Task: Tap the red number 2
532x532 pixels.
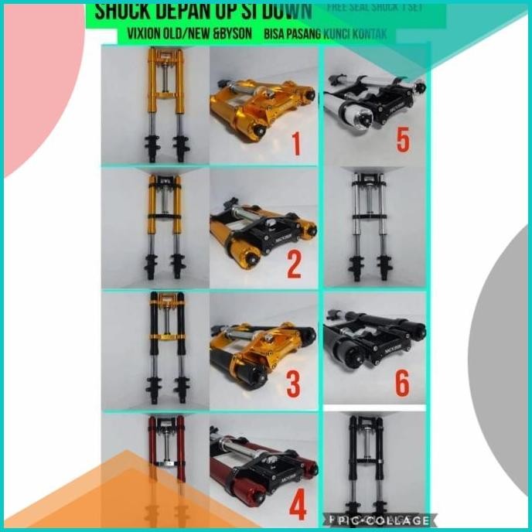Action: click(x=294, y=264)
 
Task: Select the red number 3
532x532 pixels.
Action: click(x=294, y=384)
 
